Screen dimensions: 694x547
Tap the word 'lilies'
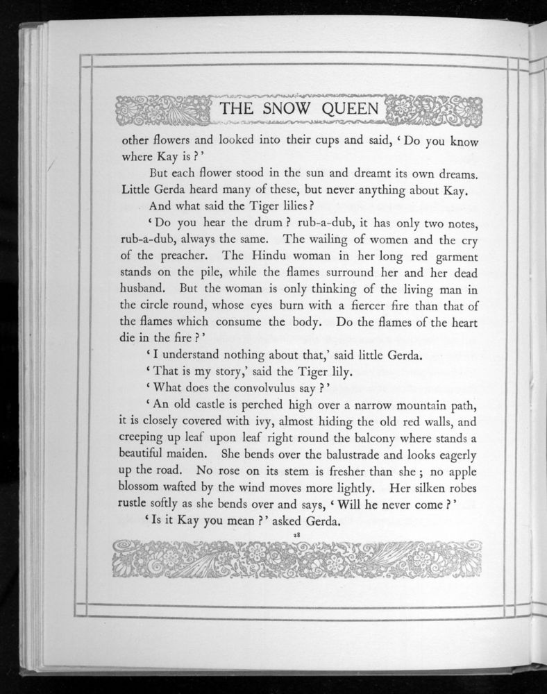(x=279, y=205)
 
